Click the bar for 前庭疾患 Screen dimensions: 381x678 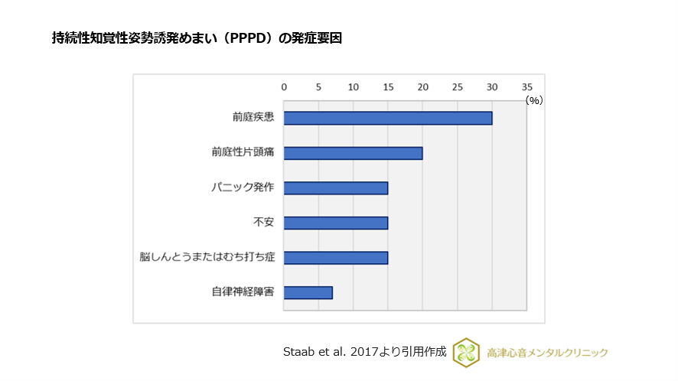387,118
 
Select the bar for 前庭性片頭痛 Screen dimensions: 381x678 353,153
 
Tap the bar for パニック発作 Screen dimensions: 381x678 335,188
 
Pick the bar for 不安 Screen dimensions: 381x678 335,223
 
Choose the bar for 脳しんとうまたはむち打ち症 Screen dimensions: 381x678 335,258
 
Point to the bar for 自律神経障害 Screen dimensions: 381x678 308,292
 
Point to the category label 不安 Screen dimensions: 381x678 263,223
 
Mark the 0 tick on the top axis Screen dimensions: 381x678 284,87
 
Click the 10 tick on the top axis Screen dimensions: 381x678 353,87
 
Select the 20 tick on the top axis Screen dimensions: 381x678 422,87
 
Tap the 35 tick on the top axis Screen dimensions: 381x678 526,87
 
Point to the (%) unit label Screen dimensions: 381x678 533,100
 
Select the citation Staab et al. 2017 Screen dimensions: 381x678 364,352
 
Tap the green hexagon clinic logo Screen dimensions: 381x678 466,352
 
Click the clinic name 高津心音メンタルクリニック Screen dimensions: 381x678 547,353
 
